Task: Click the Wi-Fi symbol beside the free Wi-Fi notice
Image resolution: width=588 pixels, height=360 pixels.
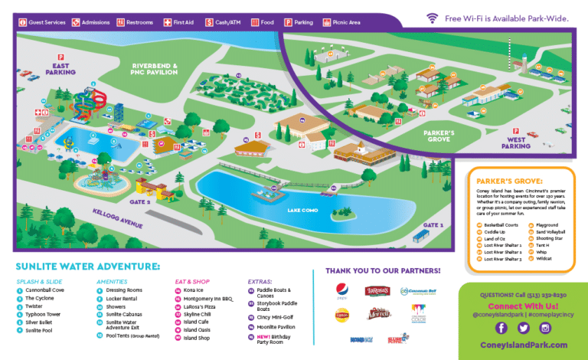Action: (433, 17)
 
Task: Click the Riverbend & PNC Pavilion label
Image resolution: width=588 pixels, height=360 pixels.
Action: (154, 70)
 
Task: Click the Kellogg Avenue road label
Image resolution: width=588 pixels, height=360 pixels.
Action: (117, 218)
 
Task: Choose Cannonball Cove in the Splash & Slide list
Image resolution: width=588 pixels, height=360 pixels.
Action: (45, 290)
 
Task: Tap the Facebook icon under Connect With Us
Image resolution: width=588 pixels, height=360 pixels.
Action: (501, 328)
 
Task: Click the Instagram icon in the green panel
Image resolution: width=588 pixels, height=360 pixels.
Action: (545, 328)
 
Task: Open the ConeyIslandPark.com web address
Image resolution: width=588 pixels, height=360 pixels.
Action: (523, 346)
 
